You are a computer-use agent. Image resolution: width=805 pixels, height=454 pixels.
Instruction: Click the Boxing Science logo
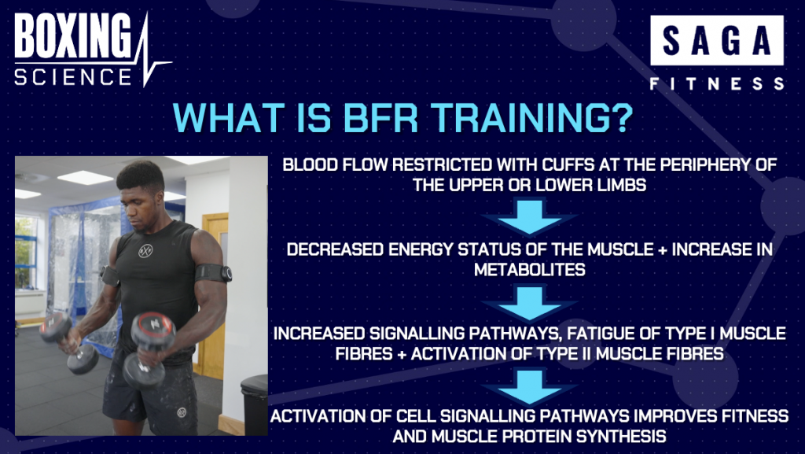tap(93, 50)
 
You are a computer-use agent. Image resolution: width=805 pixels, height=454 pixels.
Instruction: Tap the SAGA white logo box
tap(717, 40)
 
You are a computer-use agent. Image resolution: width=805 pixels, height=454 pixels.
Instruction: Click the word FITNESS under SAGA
tap(717, 83)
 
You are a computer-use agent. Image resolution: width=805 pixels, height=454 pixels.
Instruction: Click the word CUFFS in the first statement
tap(569, 165)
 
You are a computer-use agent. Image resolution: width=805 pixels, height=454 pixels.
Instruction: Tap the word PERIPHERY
tap(703, 165)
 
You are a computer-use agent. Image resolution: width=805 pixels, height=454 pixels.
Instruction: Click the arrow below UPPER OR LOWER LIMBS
tap(529, 217)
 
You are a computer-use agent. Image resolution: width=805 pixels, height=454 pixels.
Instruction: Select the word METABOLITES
tap(529, 270)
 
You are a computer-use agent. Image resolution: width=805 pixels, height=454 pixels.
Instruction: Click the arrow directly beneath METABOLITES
tap(529, 304)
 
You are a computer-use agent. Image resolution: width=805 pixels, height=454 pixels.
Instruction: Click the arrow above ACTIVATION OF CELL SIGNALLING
tap(529, 386)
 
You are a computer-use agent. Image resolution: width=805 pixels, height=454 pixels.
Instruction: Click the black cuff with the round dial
tap(212, 273)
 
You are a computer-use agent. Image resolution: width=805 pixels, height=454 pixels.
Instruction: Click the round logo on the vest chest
tap(145, 251)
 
